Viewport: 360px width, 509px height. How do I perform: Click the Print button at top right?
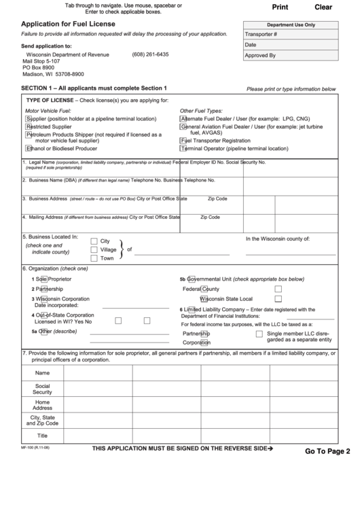(279, 7)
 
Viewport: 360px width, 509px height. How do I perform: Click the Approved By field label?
(260, 56)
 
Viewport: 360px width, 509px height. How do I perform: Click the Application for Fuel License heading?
(68, 22)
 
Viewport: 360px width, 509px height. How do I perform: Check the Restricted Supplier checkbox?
(28, 126)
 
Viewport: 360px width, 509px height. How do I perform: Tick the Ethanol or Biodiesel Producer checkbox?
(28, 148)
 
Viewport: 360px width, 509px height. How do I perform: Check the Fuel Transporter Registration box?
(183, 141)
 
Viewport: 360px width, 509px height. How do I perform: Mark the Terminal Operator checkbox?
(183, 148)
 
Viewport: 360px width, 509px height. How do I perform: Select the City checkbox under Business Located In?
(94, 241)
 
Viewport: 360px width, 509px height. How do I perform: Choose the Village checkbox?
(94, 249)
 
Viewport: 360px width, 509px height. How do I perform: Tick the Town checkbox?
(94, 258)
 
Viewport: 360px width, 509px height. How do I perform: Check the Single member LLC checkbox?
(259, 334)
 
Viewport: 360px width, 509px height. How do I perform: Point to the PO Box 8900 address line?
(38, 68)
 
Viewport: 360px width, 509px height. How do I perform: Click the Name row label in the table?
(42, 373)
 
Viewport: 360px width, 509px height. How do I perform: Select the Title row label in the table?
(42, 436)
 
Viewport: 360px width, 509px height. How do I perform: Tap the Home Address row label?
(42, 404)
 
